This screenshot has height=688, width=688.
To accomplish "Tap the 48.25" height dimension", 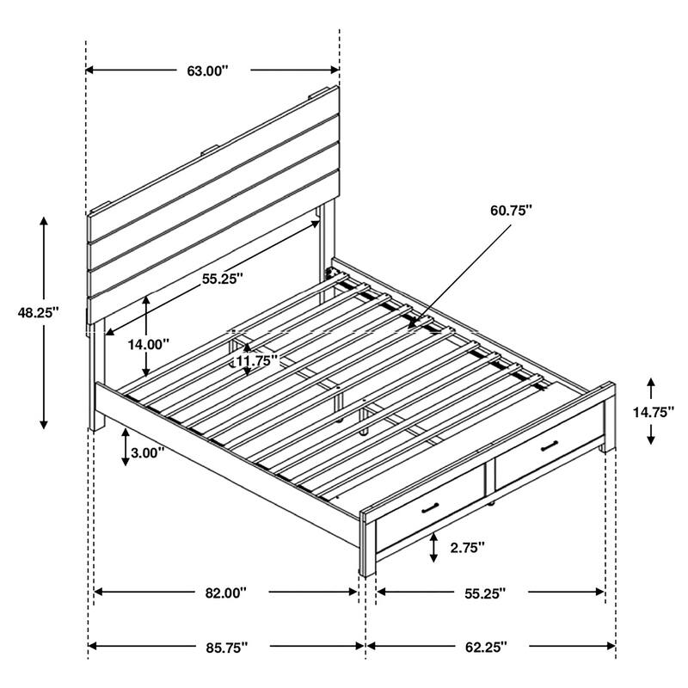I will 37,314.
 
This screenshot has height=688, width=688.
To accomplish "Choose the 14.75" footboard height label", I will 652,412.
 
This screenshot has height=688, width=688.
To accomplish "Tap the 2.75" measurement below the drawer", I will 468,546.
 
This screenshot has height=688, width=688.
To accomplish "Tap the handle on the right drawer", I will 549,445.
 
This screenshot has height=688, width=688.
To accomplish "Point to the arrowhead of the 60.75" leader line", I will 412,328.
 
